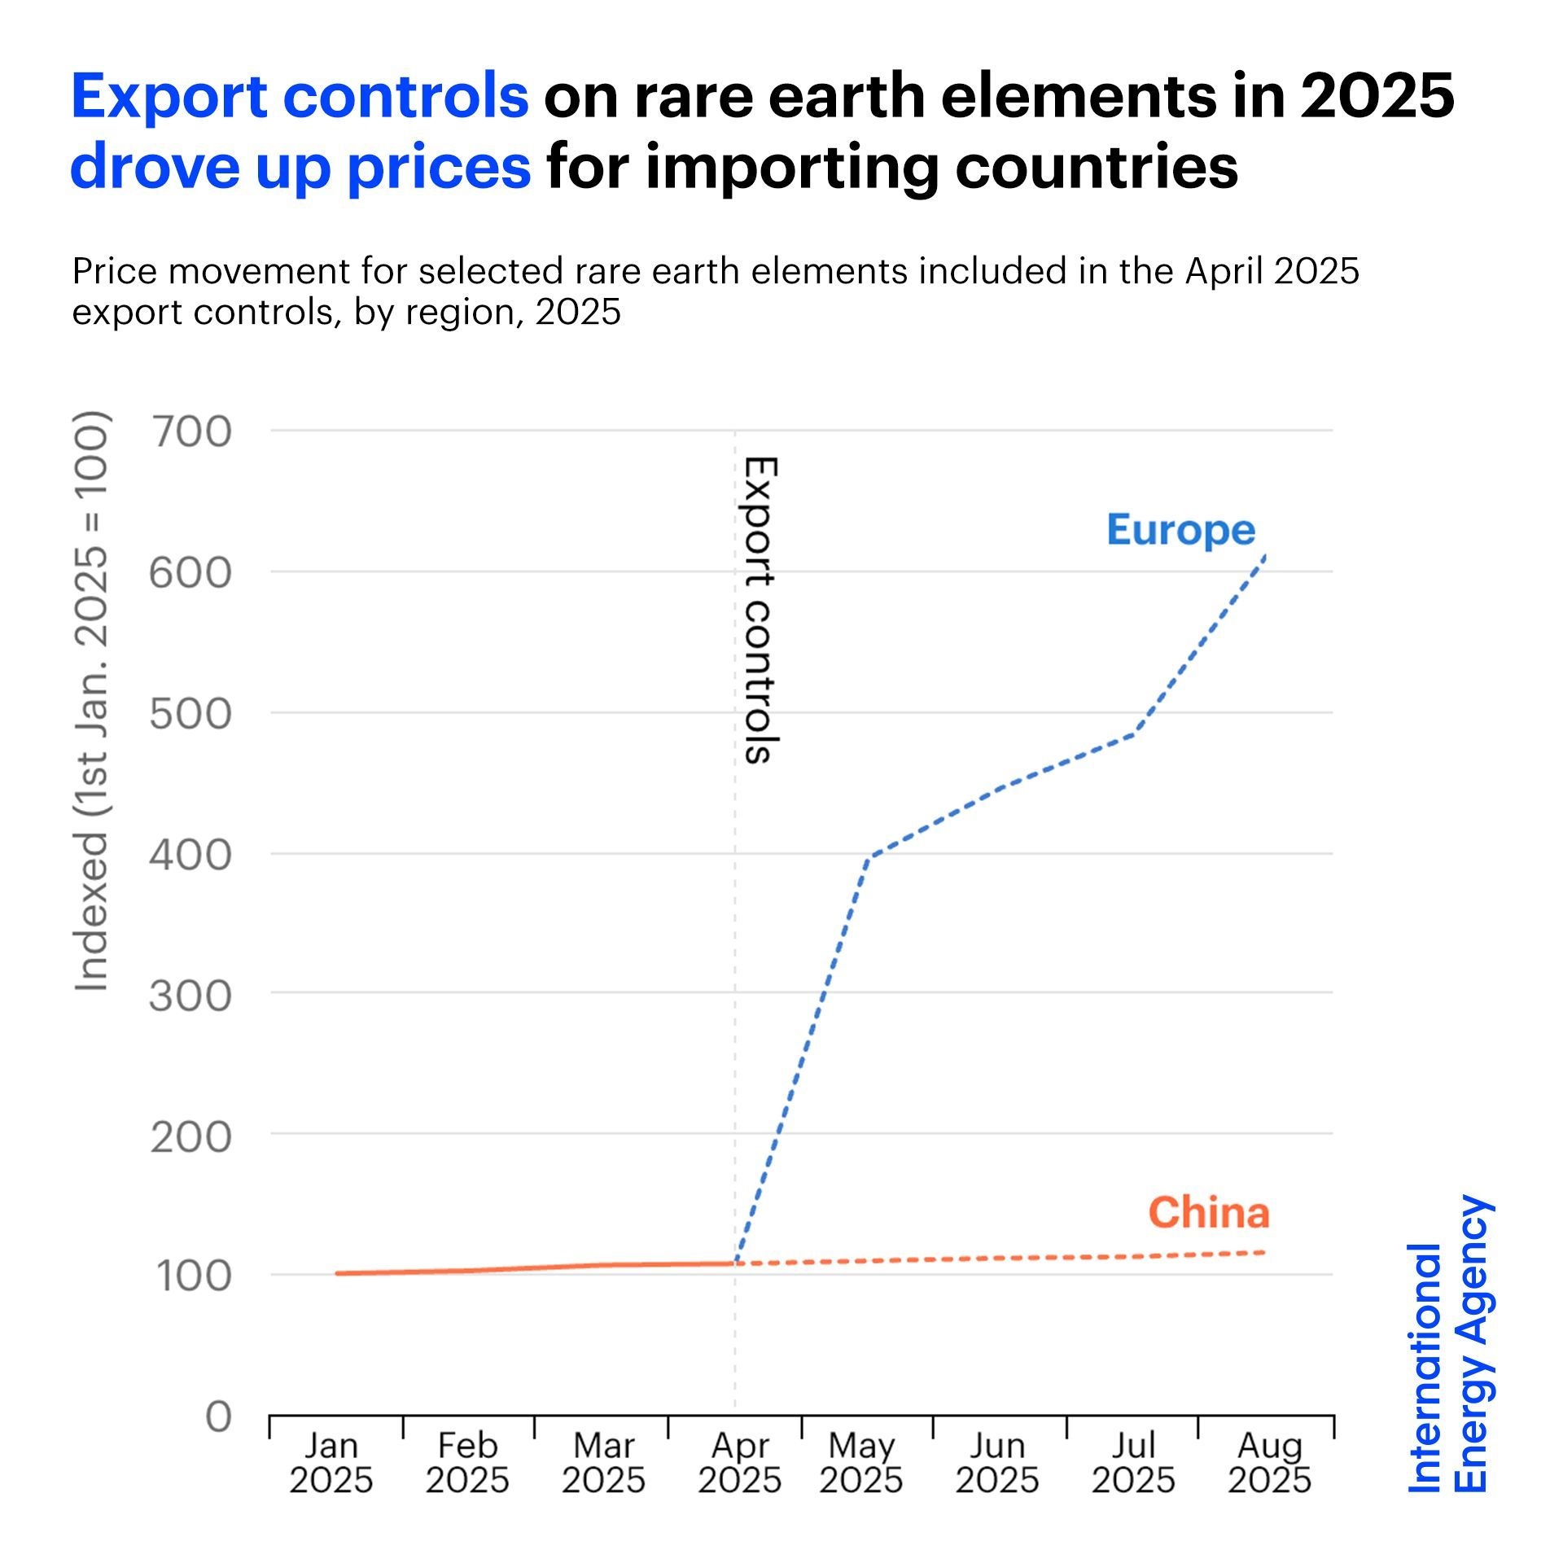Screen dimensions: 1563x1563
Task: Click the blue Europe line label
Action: [x=1180, y=531]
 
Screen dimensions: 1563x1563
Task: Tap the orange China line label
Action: [x=1208, y=1213]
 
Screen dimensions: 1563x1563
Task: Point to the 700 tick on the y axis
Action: [x=190, y=431]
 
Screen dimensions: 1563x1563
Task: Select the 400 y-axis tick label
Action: [x=190, y=855]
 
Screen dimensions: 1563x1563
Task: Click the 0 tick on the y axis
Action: [x=218, y=1417]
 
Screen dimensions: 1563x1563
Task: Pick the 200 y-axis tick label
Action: [x=190, y=1136]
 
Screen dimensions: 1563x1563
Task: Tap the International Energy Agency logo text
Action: [x=1449, y=1344]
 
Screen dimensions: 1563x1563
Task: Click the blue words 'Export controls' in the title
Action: [x=300, y=96]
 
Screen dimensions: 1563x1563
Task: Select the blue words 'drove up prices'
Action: [x=300, y=166]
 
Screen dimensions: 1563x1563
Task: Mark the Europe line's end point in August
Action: [x=1265, y=555]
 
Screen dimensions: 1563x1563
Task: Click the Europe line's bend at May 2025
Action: [x=869, y=856]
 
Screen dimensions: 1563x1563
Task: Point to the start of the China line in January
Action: [x=336, y=1273]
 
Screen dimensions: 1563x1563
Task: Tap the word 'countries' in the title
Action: [x=1097, y=166]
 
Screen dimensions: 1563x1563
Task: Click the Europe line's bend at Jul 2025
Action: [x=1135, y=732]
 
